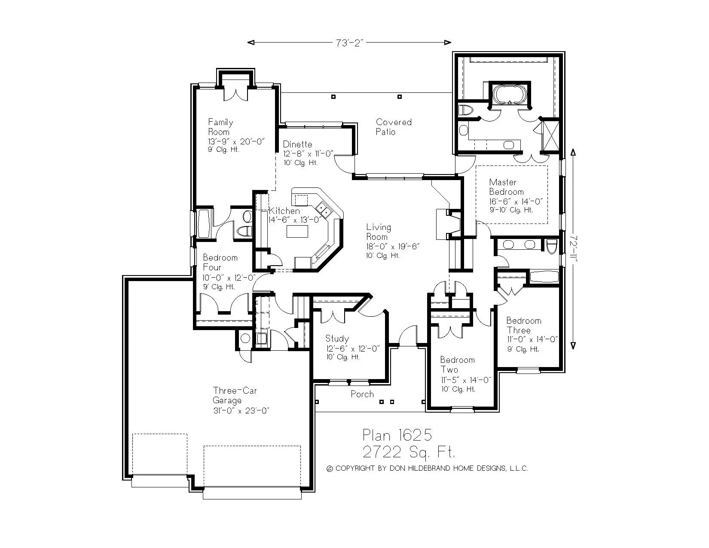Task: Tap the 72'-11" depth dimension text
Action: (573, 250)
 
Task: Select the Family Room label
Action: (220, 127)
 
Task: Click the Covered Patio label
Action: (394, 127)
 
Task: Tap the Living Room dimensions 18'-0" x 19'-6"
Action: (392, 246)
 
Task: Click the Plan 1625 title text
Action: (397, 435)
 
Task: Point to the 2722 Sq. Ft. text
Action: (408, 452)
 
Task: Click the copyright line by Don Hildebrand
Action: (428, 468)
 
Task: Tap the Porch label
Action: (362, 394)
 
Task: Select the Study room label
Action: (337, 339)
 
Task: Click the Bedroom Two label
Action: (457, 364)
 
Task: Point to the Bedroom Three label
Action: (523, 325)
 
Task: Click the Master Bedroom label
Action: (506, 187)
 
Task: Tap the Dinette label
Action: (297, 144)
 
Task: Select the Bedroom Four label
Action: (220, 262)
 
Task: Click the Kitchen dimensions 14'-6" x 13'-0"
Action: (295, 220)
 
